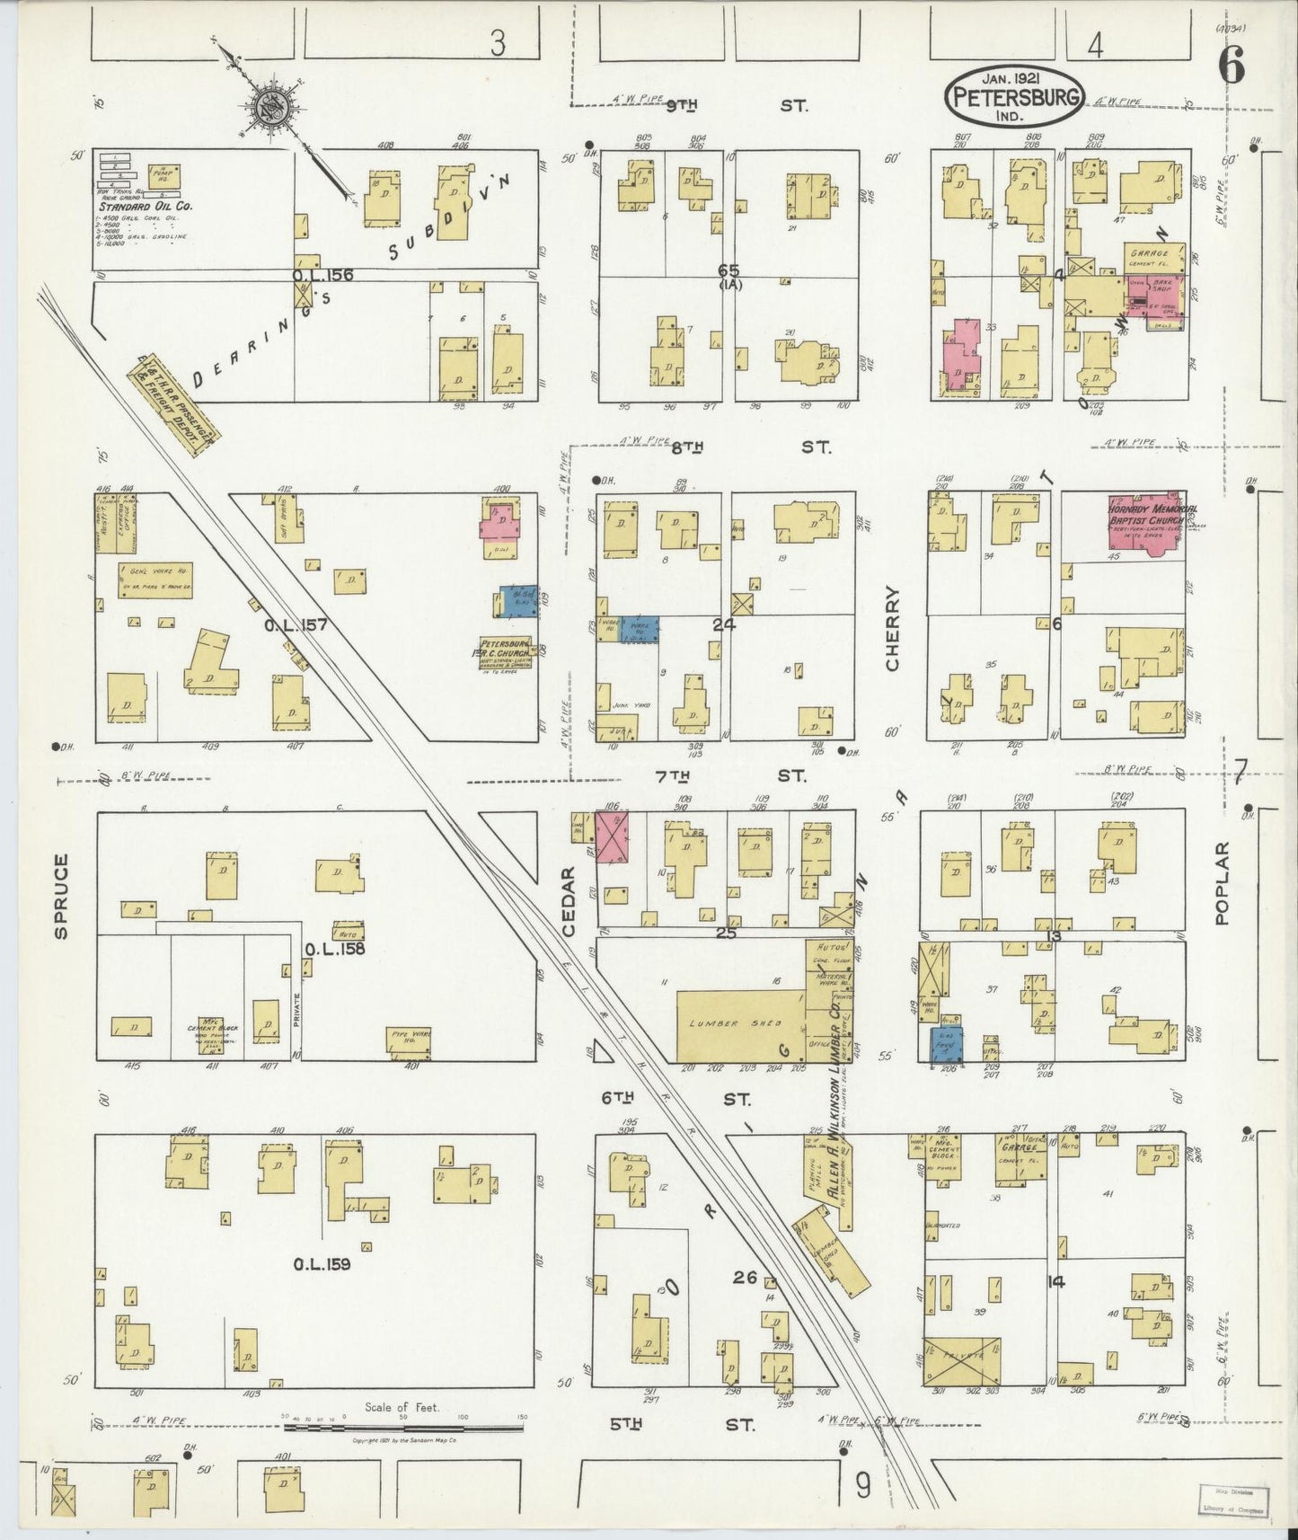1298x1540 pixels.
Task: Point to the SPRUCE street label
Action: point(60,897)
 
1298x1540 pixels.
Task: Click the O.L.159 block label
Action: point(322,1264)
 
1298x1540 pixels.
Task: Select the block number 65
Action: point(728,269)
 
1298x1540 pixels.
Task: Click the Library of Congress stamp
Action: point(1235,1500)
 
